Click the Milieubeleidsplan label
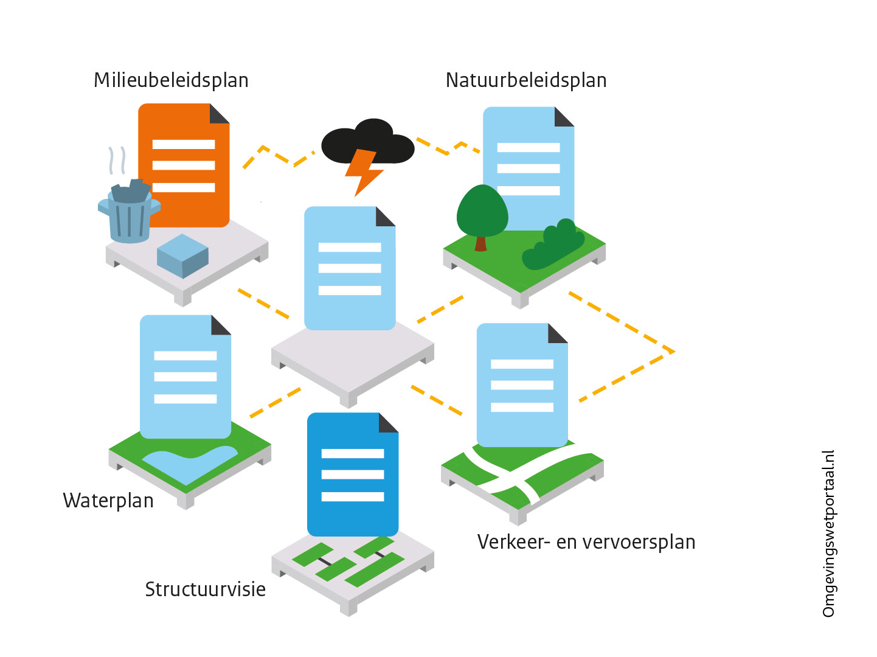[171, 80]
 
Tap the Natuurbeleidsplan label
[526, 80]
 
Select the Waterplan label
[108, 501]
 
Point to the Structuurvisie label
[205, 589]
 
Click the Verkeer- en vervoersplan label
[586, 542]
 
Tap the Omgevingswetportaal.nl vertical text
[828, 534]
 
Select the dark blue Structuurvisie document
[352, 474]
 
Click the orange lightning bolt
[363, 172]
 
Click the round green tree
[482, 210]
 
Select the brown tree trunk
[480, 243]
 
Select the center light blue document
[350, 268]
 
